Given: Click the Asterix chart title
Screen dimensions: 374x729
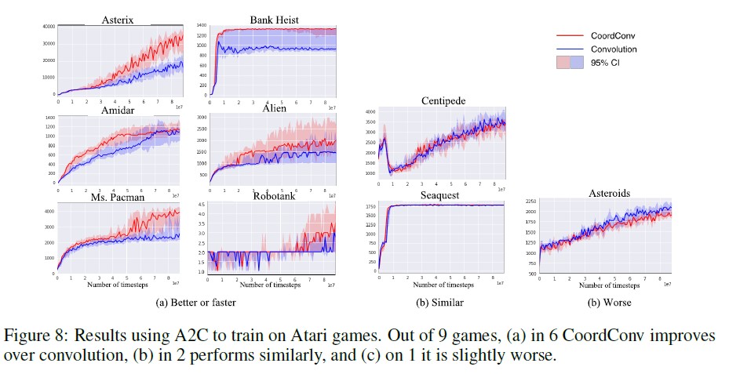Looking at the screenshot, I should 115,20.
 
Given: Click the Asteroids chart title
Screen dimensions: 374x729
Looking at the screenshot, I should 610,192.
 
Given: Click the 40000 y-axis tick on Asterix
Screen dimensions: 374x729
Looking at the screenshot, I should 46,27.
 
